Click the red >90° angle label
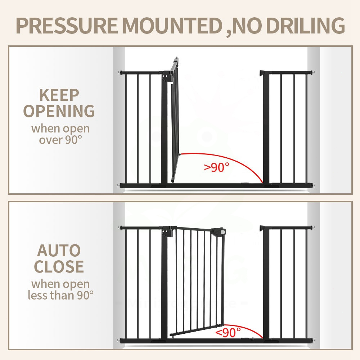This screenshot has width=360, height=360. pos(217,167)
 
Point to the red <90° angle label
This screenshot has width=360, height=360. pos(228,332)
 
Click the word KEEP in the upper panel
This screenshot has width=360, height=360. pos(59,95)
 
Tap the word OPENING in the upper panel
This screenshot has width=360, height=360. pos(59,111)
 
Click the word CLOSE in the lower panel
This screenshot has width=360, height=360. pos(59,266)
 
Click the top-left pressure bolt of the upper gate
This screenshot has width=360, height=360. pos(118,73)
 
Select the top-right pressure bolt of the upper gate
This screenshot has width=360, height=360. pos(314,73)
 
